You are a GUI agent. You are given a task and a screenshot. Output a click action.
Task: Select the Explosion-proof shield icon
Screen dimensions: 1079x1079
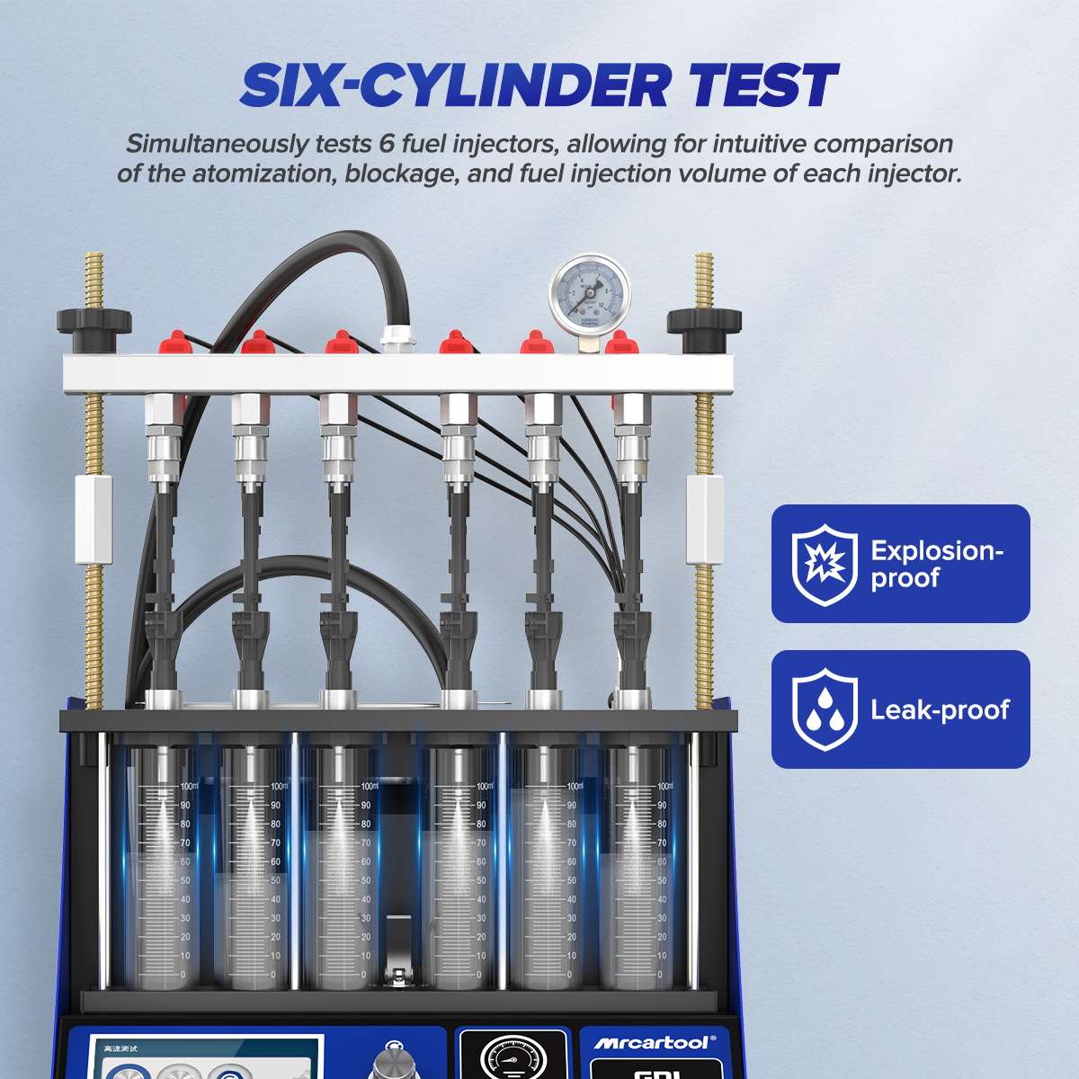click(x=818, y=564)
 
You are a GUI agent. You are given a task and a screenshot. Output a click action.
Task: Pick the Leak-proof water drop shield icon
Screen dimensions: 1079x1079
click(x=818, y=709)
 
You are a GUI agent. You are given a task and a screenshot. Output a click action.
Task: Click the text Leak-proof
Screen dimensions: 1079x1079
click(x=940, y=709)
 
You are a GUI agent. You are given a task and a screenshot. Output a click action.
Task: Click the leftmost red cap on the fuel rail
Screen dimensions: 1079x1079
click(x=171, y=343)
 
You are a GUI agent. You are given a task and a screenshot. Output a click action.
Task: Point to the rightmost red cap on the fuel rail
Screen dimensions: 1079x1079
click(x=618, y=344)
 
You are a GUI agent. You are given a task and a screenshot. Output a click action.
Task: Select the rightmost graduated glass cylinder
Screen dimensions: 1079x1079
click(x=636, y=859)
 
